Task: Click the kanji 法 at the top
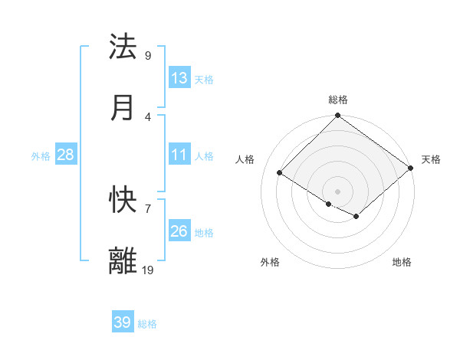(x=123, y=47)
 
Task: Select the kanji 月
(x=123, y=108)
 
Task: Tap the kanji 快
(x=123, y=201)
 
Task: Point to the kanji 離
(x=123, y=261)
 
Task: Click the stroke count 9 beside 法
(x=147, y=55)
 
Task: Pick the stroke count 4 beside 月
(x=147, y=116)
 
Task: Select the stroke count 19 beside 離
(x=147, y=269)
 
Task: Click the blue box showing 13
(x=179, y=77)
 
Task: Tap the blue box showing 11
(x=179, y=155)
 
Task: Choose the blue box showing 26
(x=179, y=231)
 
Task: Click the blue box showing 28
(x=65, y=155)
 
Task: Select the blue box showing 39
(x=122, y=322)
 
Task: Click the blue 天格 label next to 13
(x=204, y=79)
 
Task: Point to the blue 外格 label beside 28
(x=41, y=156)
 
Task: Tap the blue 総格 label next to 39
(x=147, y=324)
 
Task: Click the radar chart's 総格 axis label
(x=338, y=100)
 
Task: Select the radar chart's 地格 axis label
(x=402, y=262)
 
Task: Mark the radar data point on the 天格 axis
(x=411, y=169)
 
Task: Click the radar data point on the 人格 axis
(x=280, y=173)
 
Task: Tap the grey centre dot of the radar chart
(x=337, y=191)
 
